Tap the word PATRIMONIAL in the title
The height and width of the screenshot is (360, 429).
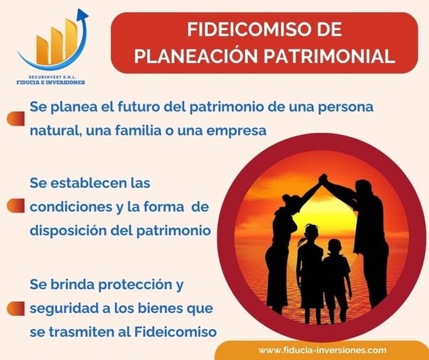coord(330,56)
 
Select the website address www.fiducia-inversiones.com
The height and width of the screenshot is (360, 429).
coord(322,350)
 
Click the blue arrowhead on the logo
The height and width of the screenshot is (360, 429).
coord(83,14)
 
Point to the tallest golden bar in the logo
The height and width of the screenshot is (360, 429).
coord(70,39)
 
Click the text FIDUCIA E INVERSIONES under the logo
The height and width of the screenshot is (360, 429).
coord(50,82)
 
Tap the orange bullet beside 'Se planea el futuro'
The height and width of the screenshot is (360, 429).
coord(16,119)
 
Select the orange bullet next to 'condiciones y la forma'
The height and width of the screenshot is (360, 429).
coord(16,206)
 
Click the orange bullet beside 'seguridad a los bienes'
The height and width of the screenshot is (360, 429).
coord(16,309)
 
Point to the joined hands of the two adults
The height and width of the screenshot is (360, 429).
coord(323,179)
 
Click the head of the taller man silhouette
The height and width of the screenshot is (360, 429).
coord(364,188)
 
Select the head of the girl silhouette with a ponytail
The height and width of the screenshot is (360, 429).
coord(312,232)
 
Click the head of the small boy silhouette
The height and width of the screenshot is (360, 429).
coord(335,246)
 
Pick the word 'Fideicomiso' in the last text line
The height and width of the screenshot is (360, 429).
coord(175,332)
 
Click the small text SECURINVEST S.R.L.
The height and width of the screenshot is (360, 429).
coord(53,77)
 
